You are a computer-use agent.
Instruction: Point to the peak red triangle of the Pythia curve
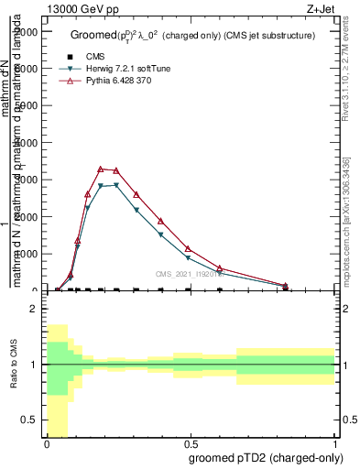[x=101, y=169]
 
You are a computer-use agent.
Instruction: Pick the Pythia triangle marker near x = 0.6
[x=221, y=268]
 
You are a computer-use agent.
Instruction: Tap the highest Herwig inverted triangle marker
[x=115, y=185]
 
